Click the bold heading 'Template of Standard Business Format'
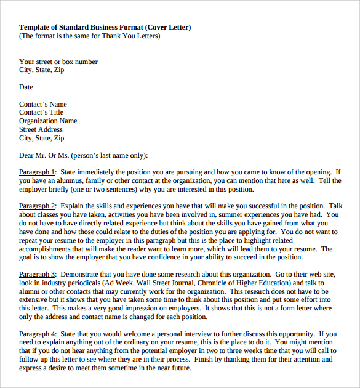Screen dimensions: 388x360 coord(81,27)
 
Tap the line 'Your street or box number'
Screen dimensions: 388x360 coord(58,62)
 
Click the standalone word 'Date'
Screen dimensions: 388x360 coord(26,87)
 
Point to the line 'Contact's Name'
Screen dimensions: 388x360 coord(43,104)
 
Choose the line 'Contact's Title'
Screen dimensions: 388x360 coord(41,113)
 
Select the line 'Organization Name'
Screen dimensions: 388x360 coord(48,121)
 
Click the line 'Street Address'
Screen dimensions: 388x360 coord(41,130)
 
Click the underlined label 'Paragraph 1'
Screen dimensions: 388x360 coord(37,172)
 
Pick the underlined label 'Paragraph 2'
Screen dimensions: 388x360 coord(37,206)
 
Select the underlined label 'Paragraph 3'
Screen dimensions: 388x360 coord(37,274)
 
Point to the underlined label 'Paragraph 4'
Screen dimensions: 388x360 coord(37,334)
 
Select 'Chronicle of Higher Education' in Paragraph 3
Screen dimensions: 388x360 coord(238,283)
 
